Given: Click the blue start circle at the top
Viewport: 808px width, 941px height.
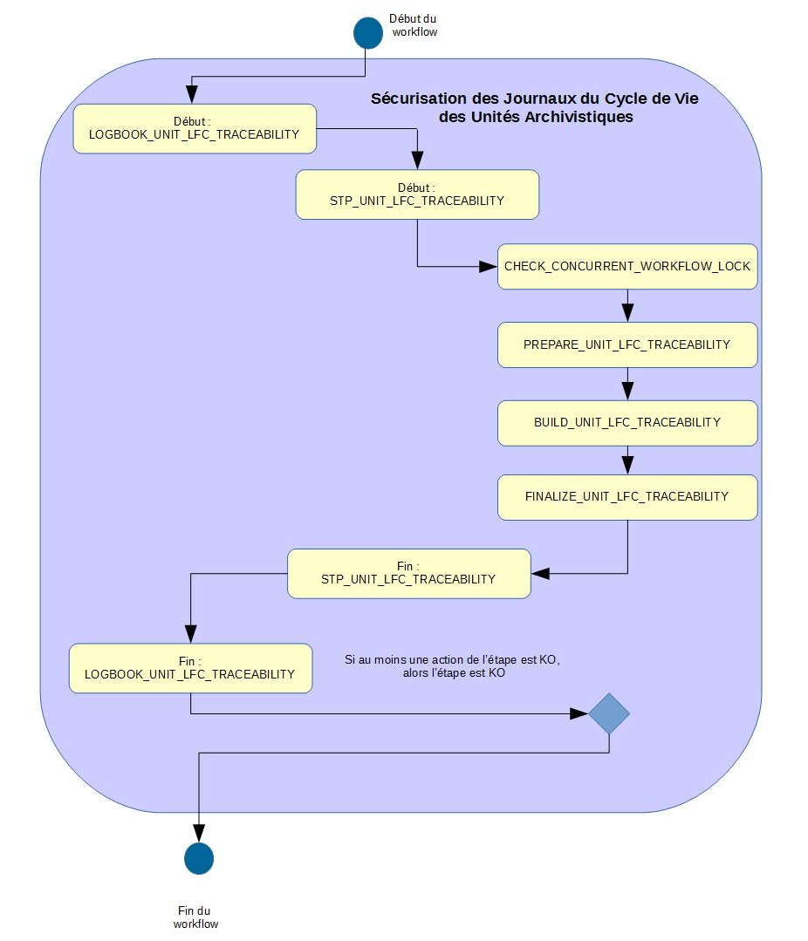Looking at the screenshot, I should (367, 32).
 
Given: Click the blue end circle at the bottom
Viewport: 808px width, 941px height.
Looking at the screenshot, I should (199, 858).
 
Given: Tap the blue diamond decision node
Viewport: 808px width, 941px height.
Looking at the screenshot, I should (609, 713).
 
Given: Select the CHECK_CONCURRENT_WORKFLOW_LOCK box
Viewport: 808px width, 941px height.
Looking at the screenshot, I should (627, 266).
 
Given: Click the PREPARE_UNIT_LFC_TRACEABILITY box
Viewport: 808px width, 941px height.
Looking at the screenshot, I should (627, 344).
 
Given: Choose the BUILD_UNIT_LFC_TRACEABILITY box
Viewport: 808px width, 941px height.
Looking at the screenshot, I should (627, 422).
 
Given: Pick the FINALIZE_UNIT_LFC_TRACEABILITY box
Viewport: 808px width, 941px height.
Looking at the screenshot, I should (627, 497).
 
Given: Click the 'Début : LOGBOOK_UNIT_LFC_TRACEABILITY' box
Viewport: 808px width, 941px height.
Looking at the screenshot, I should (194, 129).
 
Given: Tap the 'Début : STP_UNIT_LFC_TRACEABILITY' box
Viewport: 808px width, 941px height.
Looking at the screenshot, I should (417, 194).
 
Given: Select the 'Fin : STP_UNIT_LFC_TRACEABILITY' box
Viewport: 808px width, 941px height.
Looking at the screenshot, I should (408, 573).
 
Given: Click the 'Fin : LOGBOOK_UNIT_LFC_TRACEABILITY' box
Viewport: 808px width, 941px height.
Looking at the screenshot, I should (190, 668).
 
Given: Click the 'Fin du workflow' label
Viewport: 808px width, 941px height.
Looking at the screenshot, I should (195, 917).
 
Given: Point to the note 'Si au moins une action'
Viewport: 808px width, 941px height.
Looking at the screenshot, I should (452, 667).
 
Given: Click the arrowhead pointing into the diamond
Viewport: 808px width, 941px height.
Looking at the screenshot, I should (580, 713).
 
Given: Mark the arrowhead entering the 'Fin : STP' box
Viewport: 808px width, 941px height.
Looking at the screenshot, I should (541, 573).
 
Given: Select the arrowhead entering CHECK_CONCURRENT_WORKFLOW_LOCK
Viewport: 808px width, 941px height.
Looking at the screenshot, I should (489, 266).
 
